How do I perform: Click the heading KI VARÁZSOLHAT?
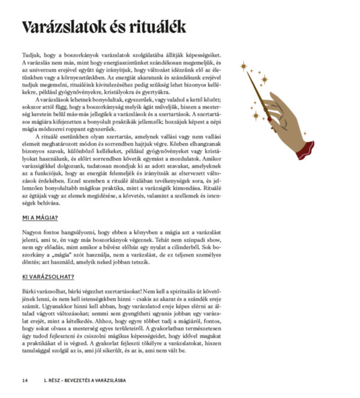47,277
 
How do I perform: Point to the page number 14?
25,380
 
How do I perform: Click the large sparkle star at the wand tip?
244,65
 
